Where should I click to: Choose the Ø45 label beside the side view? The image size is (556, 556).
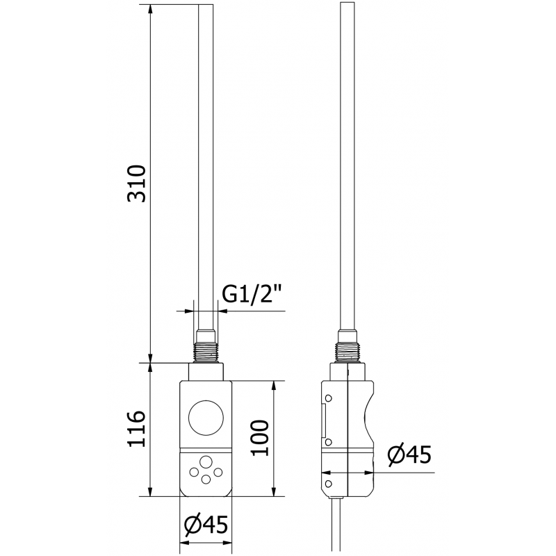point(408,455)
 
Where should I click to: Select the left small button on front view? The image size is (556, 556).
point(192,473)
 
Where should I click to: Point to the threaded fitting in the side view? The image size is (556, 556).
point(347,352)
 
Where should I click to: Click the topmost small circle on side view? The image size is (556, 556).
point(328,397)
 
